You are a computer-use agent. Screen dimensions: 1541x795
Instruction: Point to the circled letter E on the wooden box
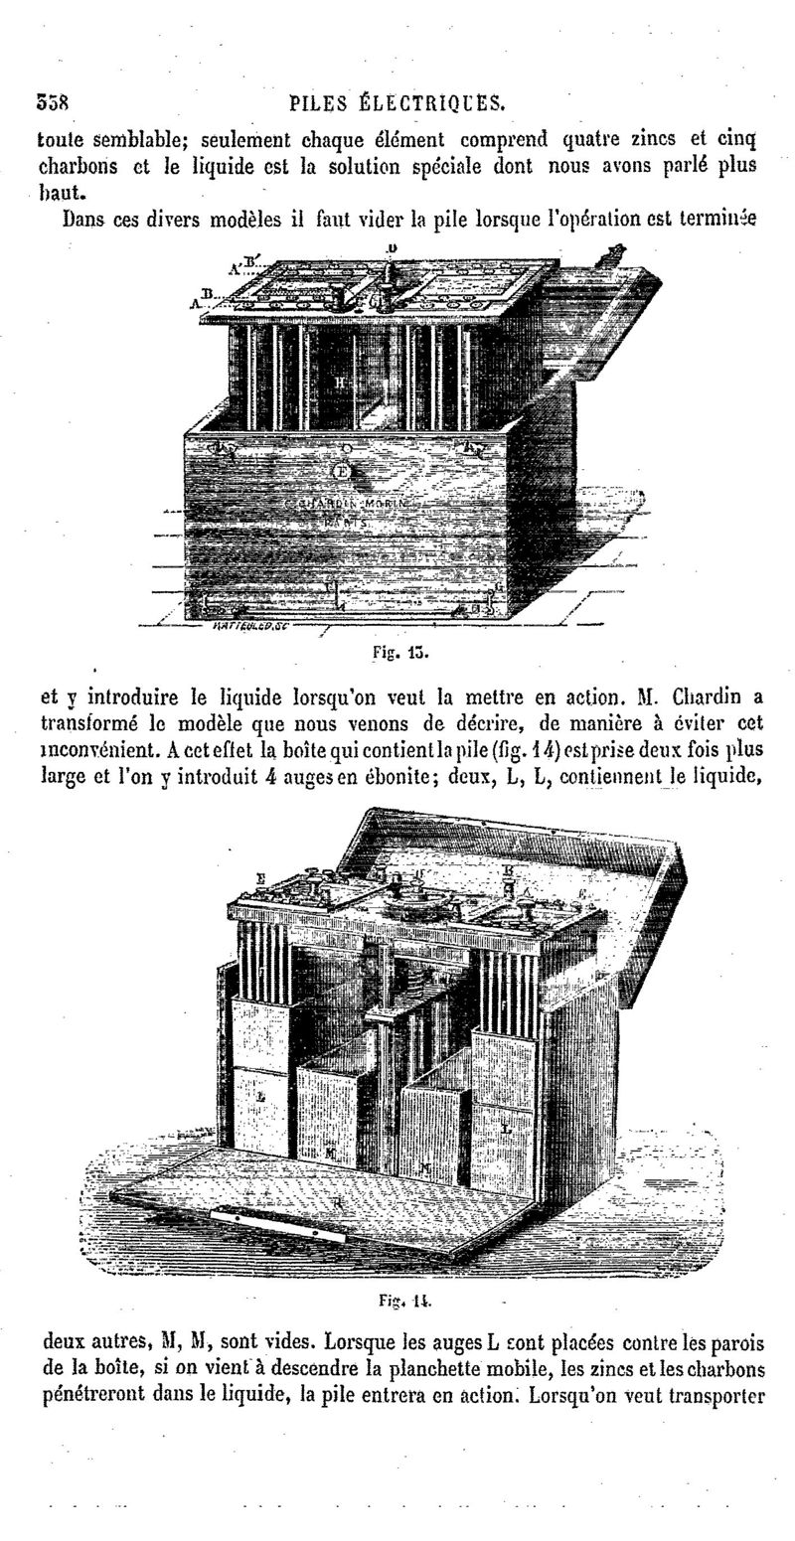point(343,470)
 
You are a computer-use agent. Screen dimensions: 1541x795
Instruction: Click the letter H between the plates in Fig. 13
point(340,382)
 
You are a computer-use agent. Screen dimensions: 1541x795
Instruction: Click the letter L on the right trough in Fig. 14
point(507,1128)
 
